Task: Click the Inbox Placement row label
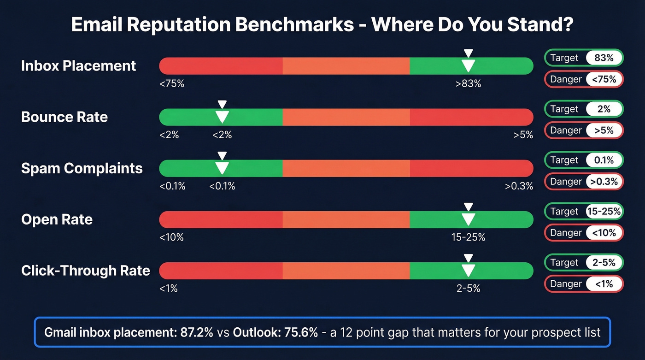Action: point(78,66)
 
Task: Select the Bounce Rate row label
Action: point(64,117)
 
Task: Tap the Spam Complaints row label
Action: point(82,168)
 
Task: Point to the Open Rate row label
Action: point(57,219)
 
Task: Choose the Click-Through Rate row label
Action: point(85,271)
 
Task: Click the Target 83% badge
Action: point(584,58)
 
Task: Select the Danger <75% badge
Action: point(584,79)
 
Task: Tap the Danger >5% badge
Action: point(584,130)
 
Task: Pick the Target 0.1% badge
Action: point(584,160)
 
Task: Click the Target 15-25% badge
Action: point(584,212)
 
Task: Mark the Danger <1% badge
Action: point(584,284)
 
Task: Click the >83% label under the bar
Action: point(468,84)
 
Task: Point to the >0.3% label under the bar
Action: point(519,186)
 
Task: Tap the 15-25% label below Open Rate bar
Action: point(468,237)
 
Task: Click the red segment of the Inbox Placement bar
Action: point(221,66)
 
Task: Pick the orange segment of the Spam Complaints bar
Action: point(346,168)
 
